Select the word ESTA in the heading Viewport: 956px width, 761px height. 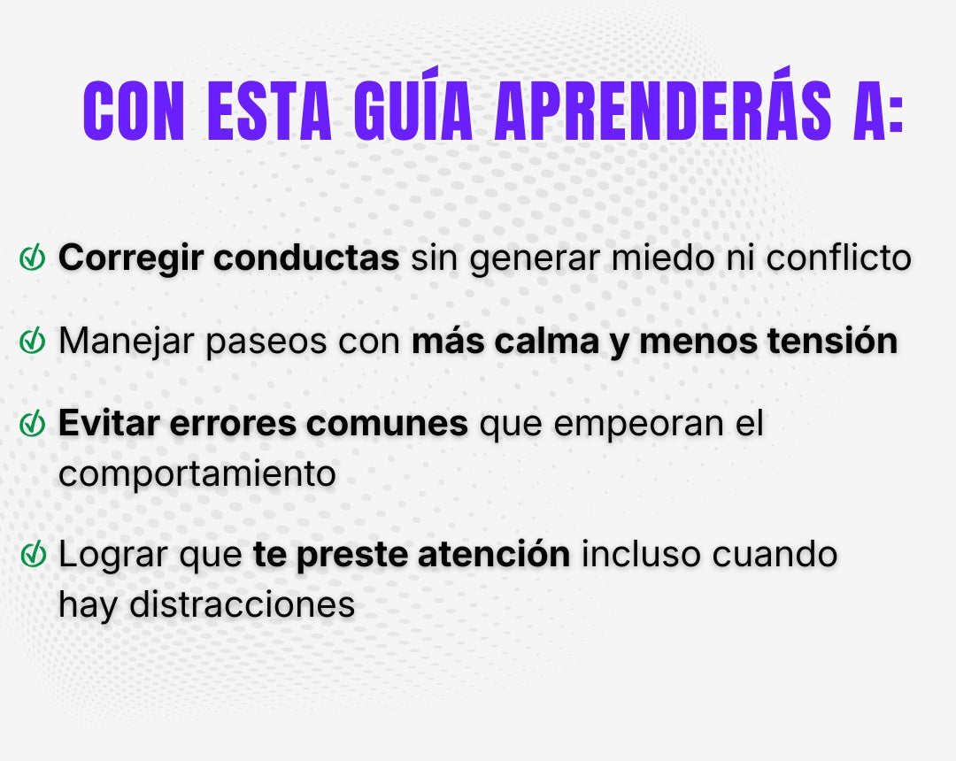pyautogui.click(x=269, y=111)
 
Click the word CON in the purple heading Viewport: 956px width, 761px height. pyautogui.click(x=134, y=111)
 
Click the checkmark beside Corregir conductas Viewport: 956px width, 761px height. pyautogui.click(x=33, y=258)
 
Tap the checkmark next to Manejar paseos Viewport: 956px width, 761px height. pyautogui.click(x=33, y=341)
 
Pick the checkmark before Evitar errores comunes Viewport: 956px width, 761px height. pyautogui.click(x=33, y=424)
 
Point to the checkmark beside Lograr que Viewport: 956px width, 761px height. pyautogui.click(x=33, y=554)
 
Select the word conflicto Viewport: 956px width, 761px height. pyautogui.click(x=838, y=258)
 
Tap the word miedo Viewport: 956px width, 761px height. pyautogui.click(x=663, y=258)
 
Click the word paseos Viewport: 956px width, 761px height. pyautogui.click(x=266, y=342)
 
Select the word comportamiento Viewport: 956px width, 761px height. pyautogui.click(x=197, y=474)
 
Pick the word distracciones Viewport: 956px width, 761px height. pyautogui.click(x=242, y=604)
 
